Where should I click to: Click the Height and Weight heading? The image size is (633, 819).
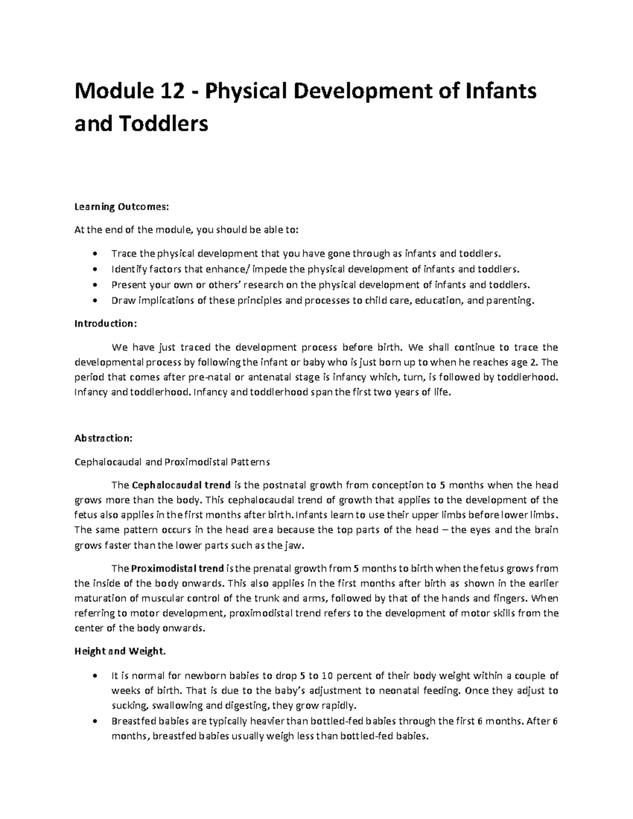120,651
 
